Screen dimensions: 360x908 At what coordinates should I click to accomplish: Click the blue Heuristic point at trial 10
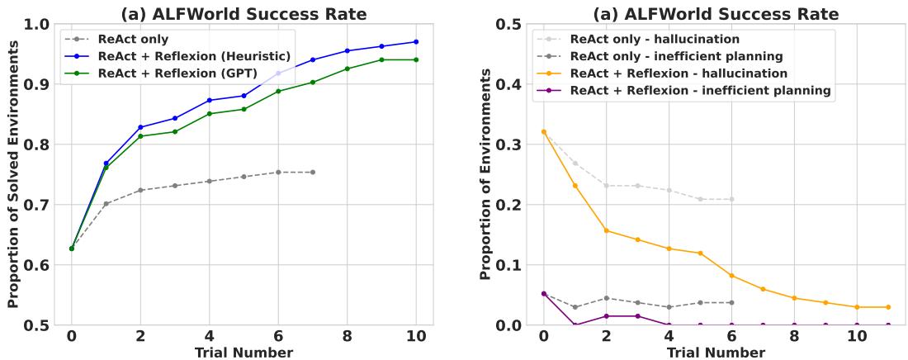click(416, 41)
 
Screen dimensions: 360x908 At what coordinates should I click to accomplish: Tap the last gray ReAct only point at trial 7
click(312, 172)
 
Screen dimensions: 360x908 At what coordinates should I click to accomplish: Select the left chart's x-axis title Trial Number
click(244, 353)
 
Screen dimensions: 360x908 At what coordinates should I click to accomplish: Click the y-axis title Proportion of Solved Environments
click(13, 174)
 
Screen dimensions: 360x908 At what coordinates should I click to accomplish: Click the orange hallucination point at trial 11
click(888, 307)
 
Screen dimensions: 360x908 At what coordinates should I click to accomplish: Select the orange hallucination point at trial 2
click(606, 230)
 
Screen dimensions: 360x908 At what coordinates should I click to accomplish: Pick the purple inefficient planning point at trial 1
click(575, 325)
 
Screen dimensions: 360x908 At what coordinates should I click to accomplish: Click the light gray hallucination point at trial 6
click(731, 199)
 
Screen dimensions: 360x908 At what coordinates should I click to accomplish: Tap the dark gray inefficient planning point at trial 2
click(606, 298)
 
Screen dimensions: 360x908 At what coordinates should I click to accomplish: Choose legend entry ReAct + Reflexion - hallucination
click(688, 73)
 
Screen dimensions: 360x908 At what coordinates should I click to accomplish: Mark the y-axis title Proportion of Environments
click(486, 174)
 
